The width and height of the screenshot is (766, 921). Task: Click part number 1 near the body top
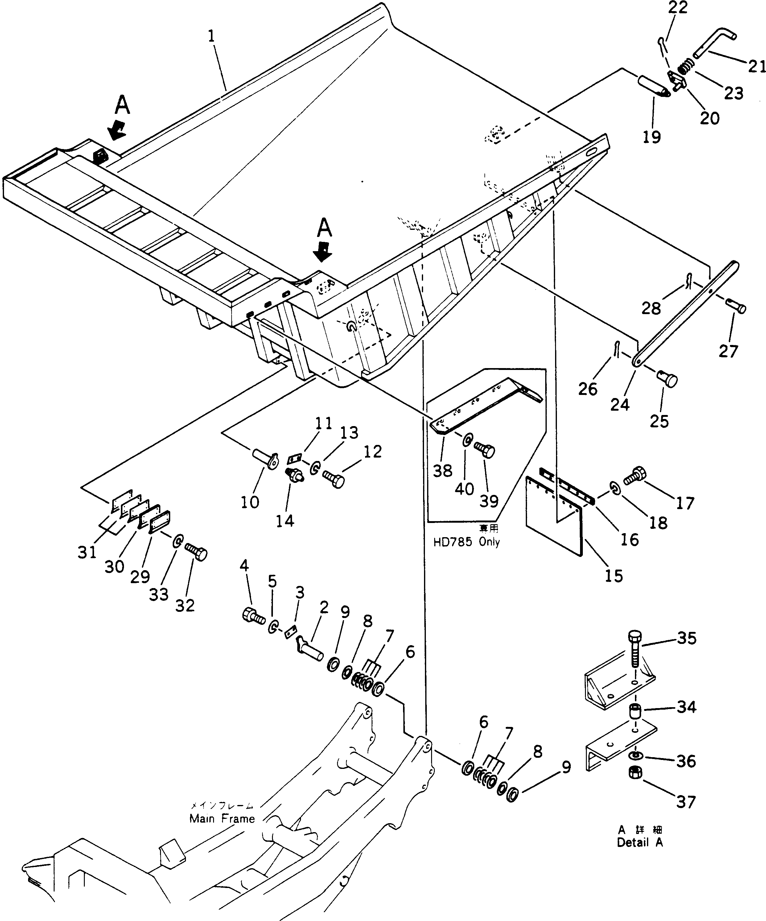tap(212, 36)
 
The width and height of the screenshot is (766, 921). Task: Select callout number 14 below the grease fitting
tap(285, 521)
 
